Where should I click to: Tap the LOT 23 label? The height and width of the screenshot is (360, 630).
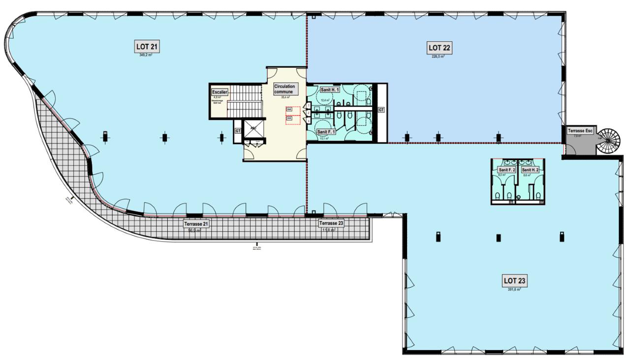[515, 281]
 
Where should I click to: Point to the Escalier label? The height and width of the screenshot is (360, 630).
[219, 92]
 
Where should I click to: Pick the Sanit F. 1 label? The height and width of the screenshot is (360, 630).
[326, 132]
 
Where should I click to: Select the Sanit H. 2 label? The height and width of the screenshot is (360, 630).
[531, 170]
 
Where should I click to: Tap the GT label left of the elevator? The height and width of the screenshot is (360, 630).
[238, 131]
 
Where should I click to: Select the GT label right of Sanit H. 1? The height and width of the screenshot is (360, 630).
[381, 110]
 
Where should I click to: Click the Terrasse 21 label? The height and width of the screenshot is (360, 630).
[196, 224]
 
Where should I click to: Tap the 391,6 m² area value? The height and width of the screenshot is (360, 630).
[514, 290]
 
